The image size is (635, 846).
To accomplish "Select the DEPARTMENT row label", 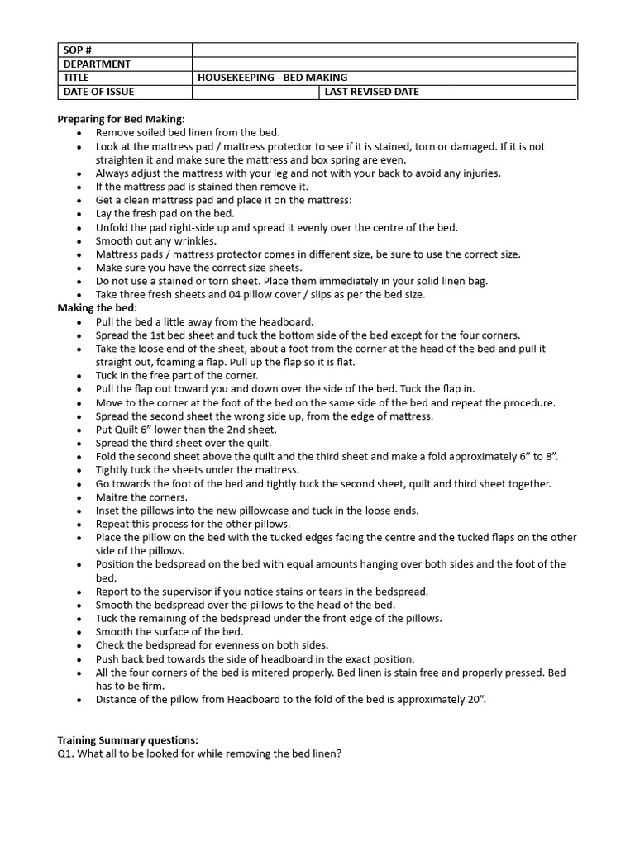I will [97, 64].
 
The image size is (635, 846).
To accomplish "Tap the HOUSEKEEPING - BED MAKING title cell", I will [273, 78].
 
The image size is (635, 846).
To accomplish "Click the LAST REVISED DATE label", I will [371, 92].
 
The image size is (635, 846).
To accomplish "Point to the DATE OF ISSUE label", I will [98, 92].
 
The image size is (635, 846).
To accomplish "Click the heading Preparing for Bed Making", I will [121, 119].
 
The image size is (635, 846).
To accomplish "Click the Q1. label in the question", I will [66, 754].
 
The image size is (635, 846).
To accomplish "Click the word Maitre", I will [112, 497].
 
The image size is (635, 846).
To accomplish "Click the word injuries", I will [479, 173].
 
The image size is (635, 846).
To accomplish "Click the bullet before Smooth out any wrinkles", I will [79, 241].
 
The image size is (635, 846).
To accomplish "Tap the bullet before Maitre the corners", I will [79, 497].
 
